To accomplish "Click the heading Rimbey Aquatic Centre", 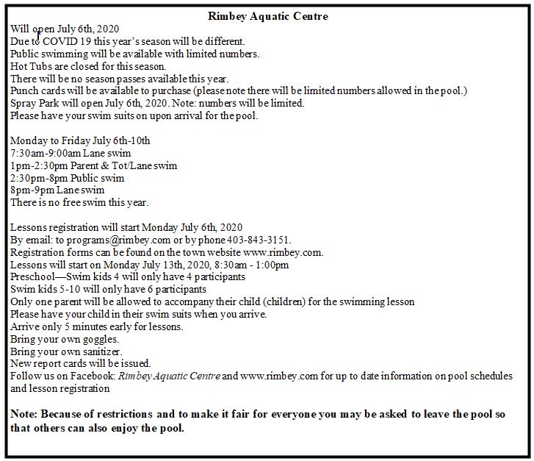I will pos(267,16).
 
